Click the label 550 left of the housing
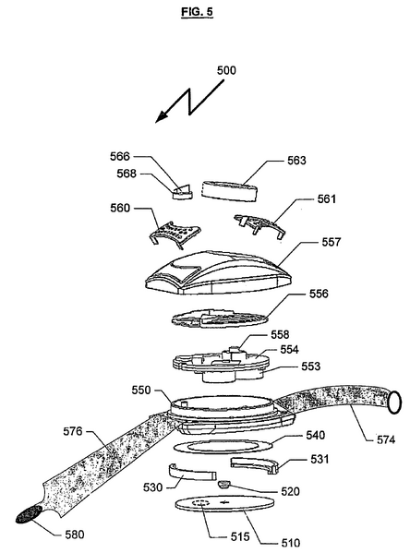click(143, 391)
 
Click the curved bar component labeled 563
click(226, 191)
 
